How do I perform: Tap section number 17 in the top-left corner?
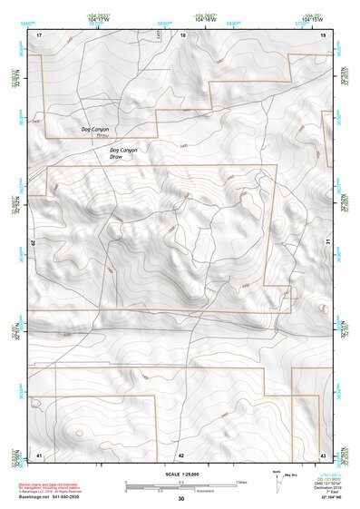click(x=39, y=34)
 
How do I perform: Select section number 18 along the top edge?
click(x=182, y=35)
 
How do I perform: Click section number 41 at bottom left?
click(x=39, y=454)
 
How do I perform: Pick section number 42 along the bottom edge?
click(x=181, y=454)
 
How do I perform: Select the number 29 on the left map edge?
click(x=35, y=244)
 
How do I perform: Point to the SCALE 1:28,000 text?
click(x=180, y=474)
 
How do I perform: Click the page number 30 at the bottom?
click(x=180, y=499)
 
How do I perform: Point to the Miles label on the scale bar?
click(x=241, y=481)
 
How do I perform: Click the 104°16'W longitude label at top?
click(x=205, y=18)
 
